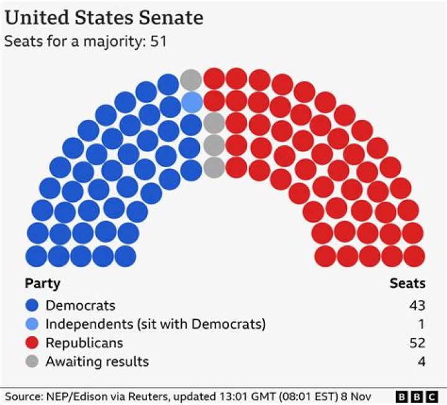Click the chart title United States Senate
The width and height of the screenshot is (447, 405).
tap(104, 17)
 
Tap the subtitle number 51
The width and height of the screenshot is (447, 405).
tap(158, 42)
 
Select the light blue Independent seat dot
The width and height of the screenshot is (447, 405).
tap(192, 101)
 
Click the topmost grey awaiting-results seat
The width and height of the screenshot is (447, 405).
tap(191, 80)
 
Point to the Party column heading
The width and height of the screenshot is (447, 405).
tap(42, 284)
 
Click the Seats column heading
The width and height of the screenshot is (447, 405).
tap(407, 284)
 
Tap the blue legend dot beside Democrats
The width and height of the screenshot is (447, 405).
tap(33, 306)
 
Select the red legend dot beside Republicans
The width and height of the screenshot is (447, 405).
tap(33, 343)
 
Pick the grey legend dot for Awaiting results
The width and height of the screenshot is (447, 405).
tap(33, 362)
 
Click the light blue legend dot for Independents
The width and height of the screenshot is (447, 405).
tap(33, 324)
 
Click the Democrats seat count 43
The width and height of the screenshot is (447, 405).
tap(417, 306)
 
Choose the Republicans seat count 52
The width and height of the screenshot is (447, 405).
tap(417, 343)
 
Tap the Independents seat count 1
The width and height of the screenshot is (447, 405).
tap(422, 324)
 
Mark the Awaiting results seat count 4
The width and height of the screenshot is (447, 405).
tap(422, 362)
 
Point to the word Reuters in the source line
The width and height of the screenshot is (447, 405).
tap(145, 396)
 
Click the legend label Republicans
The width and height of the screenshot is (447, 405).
tap(84, 343)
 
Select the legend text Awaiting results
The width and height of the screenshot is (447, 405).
tap(97, 362)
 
